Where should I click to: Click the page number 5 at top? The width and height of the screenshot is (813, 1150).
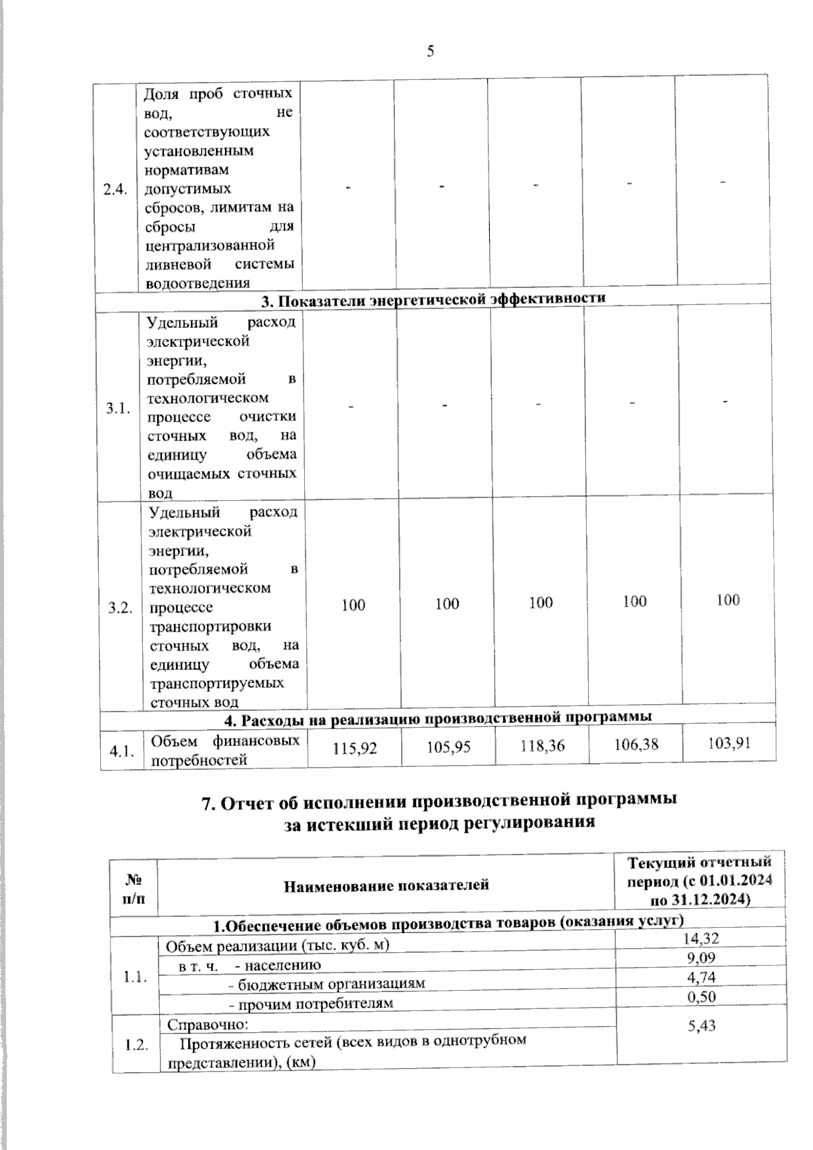pyautogui.click(x=430, y=52)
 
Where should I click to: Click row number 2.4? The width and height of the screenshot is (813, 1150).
pyautogui.click(x=115, y=190)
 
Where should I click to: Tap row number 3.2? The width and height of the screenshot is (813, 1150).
pyautogui.click(x=120, y=607)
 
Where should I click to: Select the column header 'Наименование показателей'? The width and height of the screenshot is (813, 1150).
pyautogui.click(x=386, y=885)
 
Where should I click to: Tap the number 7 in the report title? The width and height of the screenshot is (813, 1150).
pyautogui.click(x=208, y=803)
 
